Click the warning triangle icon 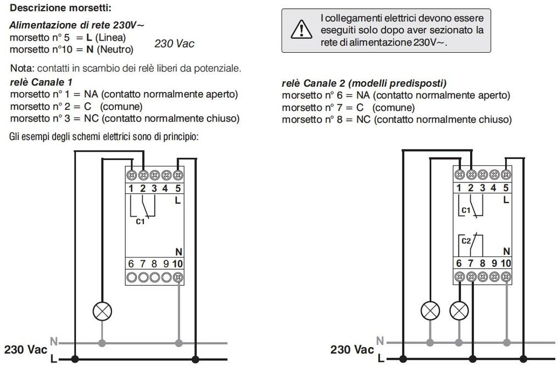300,30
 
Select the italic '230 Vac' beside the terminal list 174,44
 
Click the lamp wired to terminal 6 430,311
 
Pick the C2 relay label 466,241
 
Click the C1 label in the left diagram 141,222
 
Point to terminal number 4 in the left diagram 166,189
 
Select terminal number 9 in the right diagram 494,264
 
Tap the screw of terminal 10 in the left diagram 177,278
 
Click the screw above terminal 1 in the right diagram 459,175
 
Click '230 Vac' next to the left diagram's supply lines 26,349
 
